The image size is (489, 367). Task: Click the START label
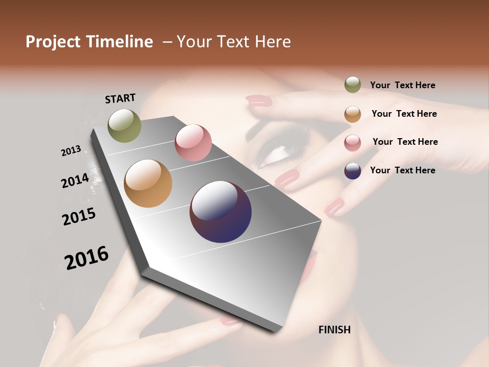pyautogui.click(x=120, y=98)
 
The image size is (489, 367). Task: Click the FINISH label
pyautogui.click(x=334, y=330)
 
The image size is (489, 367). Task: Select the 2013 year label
pyautogui.click(x=71, y=150)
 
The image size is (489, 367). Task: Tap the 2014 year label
pyautogui.click(x=75, y=180)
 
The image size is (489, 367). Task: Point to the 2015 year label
pyautogui.click(x=79, y=216)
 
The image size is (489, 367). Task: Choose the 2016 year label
pyautogui.click(x=87, y=257)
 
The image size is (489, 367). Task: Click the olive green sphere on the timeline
pyautogui.click(x=124, y=125)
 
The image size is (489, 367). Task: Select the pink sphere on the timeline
pyautogui.click(x=193, y=143)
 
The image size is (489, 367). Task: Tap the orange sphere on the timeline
pyautogui.click(x=148, y=183)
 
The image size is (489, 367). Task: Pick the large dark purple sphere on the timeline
pyautogui.click(x=221, y=212)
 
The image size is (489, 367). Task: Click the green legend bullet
pyautogui.click(x=352, y=85)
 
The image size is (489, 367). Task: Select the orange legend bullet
pyautogui.click(x=352, y=114)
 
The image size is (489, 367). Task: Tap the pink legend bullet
pyautogui.click(x=352, y=143)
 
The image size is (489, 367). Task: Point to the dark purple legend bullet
pyautogui.click(x=352, y=171)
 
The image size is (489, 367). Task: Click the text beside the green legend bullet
pyautogui.click(x=402, y=85)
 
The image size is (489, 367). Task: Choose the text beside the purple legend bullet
pyautogui.click(x=402, y=170)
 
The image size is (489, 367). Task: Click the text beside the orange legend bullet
pyautogui.click(x=404, y=114)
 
